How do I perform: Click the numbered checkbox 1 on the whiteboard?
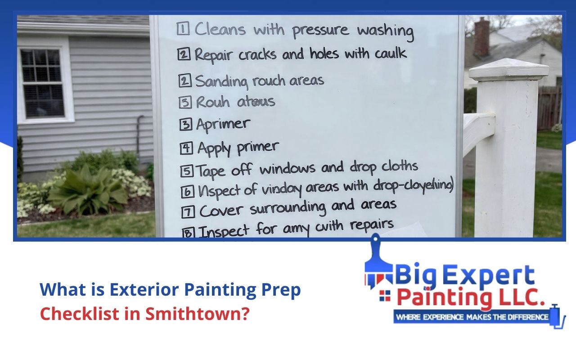click(x=182, y=30)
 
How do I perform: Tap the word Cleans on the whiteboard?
click(x=220, y=30)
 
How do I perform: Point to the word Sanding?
click(x=221, y=82)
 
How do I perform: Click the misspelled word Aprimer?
click(x=223, y=124)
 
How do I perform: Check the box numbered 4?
click(x=188, y=148)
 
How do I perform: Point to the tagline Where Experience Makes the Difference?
click(x=472, y=317)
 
